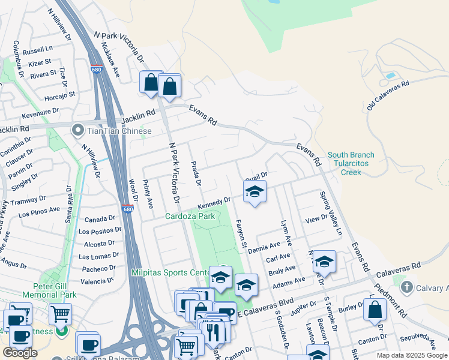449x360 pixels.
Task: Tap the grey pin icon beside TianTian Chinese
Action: tap(77, 130)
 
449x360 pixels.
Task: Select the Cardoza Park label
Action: tap(190, 215)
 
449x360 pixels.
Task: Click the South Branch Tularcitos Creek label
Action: tap(351, 163)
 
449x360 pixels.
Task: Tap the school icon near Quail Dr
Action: tap(255, 192)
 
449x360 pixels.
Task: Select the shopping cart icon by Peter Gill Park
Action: tap(60, 313)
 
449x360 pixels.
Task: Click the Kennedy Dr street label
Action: tap(214, 204)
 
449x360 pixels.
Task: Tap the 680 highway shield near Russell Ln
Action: tap(97, 69)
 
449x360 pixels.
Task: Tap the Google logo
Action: tap(20, 353)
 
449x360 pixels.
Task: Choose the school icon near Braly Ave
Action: tap(324, 261)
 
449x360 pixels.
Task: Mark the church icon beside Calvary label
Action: tap(408, 287)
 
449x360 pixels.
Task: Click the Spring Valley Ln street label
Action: tap(331, 213)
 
